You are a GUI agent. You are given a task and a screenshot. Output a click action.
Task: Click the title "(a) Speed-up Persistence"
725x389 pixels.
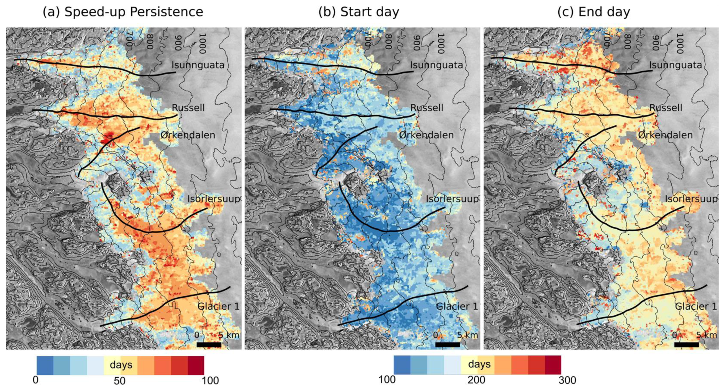pos(123,12)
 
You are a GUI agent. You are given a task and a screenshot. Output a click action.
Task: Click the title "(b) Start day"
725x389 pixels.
pos(358,12)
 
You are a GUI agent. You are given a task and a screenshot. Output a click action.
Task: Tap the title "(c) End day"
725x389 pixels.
pos(593,12)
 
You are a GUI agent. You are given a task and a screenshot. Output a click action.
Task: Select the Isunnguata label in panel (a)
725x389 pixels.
pos(198,65)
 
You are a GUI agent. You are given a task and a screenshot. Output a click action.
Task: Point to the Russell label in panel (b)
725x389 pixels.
pos(427,108)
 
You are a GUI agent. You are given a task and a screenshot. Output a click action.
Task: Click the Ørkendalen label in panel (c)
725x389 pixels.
pos(665,135)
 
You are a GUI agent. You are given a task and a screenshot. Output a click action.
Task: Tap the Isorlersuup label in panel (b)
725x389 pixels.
pos(452,199)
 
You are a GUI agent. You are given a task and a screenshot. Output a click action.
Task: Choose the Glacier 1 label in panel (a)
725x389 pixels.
pos(218,306)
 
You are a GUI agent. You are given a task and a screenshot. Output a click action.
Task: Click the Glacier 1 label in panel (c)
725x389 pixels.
pos(696,306)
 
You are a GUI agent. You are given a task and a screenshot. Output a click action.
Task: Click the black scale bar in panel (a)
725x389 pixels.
pos(209,345)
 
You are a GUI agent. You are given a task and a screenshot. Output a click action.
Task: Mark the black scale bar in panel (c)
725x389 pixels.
pos(686,345)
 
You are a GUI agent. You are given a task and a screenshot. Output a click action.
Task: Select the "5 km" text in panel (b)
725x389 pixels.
pos(467,335)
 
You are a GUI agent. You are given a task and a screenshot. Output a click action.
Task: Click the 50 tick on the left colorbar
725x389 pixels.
pos(119,381)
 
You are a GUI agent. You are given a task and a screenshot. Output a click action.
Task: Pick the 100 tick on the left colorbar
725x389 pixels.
pos(210,381)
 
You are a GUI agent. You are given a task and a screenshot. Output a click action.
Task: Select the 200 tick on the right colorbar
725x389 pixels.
pos(476,380)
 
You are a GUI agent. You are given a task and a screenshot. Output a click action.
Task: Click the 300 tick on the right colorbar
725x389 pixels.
pos(567,380)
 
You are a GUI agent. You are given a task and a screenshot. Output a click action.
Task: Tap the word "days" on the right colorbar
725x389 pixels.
pos(479,364)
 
